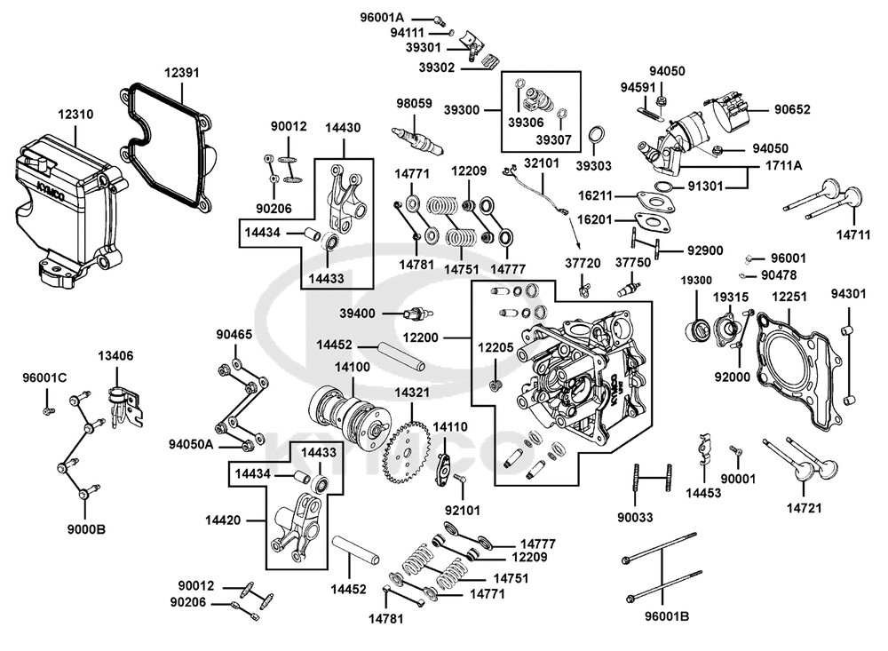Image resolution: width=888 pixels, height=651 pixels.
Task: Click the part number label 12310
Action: tap(75, 115)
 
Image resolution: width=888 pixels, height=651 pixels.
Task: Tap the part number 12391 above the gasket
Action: tap(182, 73)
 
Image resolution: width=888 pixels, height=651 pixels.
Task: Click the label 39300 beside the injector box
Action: tap(462, 110)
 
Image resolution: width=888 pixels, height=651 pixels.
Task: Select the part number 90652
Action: tap(792, 109)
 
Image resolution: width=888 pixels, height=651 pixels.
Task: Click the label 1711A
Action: tap(784, 165)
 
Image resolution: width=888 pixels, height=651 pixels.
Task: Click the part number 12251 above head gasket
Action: tap(789, 297)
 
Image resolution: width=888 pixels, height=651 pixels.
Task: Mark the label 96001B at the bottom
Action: tap(667, 616)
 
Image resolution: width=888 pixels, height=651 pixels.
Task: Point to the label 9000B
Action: tap(86, 529)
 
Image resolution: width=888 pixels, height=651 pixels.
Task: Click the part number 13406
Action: tap(115, 356)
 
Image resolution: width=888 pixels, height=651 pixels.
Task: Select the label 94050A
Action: tap(191, 444)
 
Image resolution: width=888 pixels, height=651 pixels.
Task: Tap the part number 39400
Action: tap(357, 314)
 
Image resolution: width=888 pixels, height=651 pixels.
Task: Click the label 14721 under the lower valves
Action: tap(805, 508)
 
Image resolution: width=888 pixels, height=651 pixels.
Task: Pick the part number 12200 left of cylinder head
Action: tap(421, 337)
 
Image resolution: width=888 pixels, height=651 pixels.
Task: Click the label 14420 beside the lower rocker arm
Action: tap(223, 520)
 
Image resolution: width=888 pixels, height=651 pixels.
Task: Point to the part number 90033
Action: tap(635, 517)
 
